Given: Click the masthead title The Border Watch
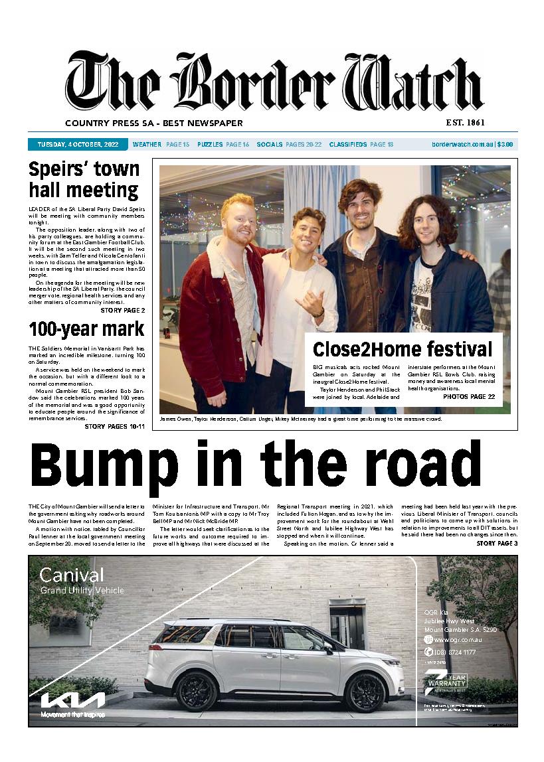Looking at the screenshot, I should coord(274,83).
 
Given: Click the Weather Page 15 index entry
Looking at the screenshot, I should coord(161,145).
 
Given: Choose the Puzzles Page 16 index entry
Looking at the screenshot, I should coord(223,145).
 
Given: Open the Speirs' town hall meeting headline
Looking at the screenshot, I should coord(84,180).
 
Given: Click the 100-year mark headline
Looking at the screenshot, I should coord(86,329).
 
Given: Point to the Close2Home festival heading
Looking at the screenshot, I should coord(403,348).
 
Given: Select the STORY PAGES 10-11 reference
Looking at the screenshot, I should coord(114,426).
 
